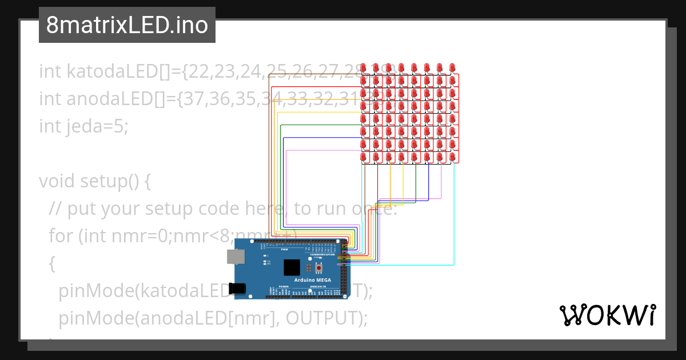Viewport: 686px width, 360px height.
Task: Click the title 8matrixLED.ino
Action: pyautogui.click(x=127, y=25)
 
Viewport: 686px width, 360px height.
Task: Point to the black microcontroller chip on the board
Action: pyautogui.click(x=292, y=267)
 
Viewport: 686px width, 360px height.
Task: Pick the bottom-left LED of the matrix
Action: pyautogui.click(x=363, y=157)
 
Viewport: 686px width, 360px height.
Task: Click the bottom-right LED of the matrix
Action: pyautogui.click(x=452, y=157)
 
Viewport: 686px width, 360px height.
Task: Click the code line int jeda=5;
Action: pyautogui.click(x=84, y=126)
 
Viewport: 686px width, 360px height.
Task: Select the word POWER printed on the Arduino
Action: pyautogui.click(x=284, y=286)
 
